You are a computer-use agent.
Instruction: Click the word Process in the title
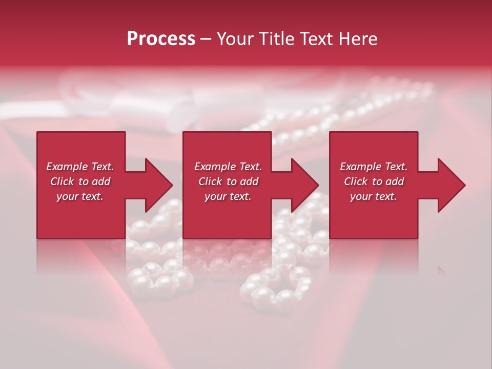point(161,39)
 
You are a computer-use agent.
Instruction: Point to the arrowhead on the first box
point(159,185)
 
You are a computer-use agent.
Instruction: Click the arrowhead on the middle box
point(305,185)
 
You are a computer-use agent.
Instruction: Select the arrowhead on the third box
point(452,185)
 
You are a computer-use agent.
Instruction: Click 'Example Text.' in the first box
point(80,167)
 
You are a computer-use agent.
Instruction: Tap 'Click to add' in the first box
point(80,181)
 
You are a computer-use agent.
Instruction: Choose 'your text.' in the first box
point(80,196)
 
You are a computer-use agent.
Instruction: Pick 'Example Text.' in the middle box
point(228,167)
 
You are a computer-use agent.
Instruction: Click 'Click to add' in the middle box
point(228,181)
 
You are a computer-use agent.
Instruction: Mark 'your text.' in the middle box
point(228,196)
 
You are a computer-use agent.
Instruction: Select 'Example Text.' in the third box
point(374,167)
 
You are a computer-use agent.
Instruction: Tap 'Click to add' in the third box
point(374,181)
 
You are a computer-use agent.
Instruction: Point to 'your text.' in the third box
point(374,196)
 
